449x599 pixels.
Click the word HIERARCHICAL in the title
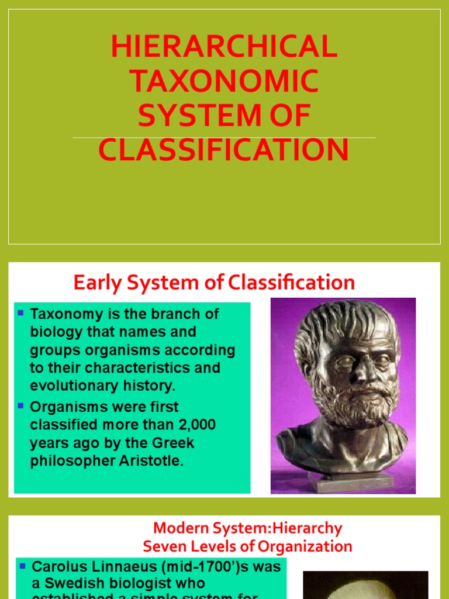(x=224, y=47)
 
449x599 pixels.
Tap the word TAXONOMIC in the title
(x=224, y=81)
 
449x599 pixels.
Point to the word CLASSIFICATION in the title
(x=224, y=150)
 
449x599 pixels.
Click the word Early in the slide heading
(x=94, y=283)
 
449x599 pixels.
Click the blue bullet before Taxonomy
(x=21, y=314)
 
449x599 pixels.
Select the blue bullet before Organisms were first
(x=21, y=405)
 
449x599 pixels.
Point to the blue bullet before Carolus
(x=22, y=566)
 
